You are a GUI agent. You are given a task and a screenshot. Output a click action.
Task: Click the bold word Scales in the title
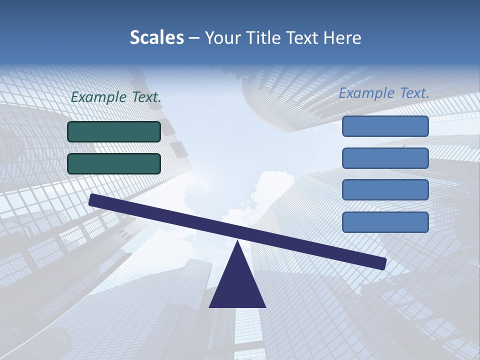tap(156, 37)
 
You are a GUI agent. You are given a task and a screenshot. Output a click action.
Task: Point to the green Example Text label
tap(116, 97)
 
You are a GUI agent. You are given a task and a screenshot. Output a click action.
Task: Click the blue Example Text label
tap(384, 93)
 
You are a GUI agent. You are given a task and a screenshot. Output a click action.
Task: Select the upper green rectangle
tap(114, 131)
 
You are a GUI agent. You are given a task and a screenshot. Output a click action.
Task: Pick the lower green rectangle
tap(114, 163)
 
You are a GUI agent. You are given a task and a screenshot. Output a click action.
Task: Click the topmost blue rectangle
tap(385, 126)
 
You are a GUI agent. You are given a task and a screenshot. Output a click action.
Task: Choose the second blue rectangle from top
tap(385, 158)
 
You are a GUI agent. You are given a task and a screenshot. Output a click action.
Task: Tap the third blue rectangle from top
tap(385, 190)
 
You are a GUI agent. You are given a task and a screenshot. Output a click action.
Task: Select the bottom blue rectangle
tap(385, 222)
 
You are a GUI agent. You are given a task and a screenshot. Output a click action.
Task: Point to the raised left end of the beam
tap(93, 199)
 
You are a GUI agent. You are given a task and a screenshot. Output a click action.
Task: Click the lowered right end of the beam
tap(382, 263)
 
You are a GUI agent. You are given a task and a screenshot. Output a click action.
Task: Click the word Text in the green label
tap(146, 97)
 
